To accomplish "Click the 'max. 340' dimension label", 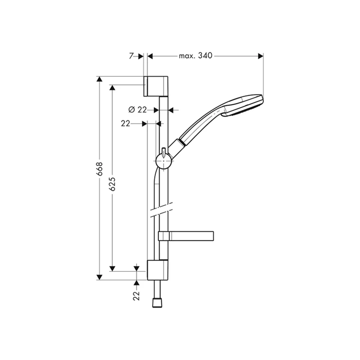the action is pyautogui.click(x=195, y=56).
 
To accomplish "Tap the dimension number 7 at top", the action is pyautogui.click(x=131, y=56).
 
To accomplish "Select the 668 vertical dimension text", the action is pyautogui.click(x=99, y=169).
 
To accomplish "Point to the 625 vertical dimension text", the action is pyautogui.click(x=112, y=184).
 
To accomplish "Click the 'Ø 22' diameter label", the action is pyautogui.click(x=137, y=110).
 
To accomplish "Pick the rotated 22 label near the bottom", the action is pyautogui.click(x=136, y=296).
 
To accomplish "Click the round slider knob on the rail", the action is pyautogui.click(x=164, y=161).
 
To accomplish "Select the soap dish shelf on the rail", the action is pyautogui.click(x=186, y=236).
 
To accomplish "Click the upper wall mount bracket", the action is pyautogui.click(x=156, y=86).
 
